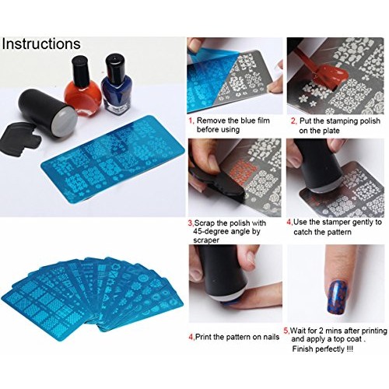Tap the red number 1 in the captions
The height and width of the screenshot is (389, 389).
(x=190, y=121)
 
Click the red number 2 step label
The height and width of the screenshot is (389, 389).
(x=293, y=121)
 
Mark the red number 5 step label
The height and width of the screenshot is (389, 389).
(x=286, y=330)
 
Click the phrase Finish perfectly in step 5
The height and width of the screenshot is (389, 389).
(x=326, y=350)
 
